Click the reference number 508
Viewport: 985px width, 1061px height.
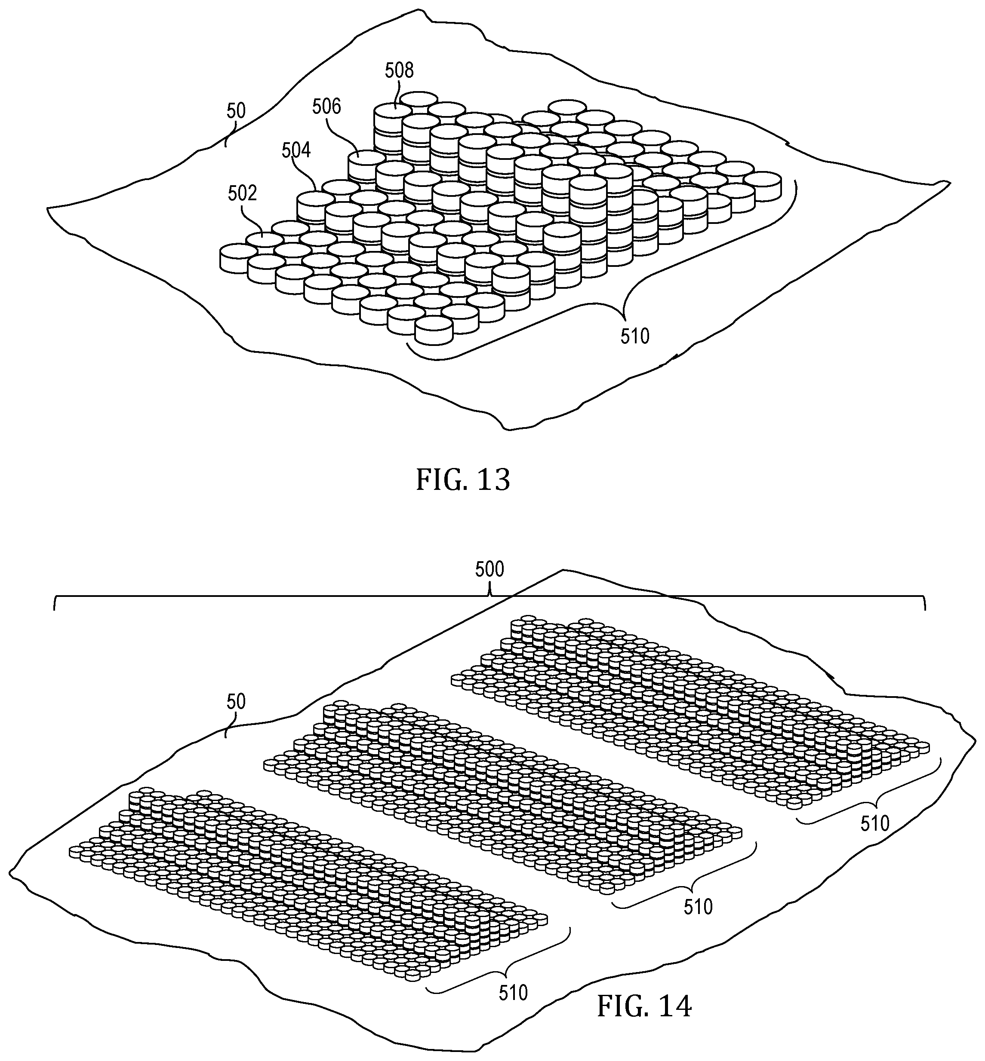[x=399, y=70]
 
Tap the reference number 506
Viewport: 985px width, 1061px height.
[x=326, y=107]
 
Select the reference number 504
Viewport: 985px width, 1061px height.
[x=296, y=151]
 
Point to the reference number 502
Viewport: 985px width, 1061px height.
[x=243, y=193]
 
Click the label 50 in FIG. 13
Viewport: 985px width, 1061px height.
[x=236, y=111]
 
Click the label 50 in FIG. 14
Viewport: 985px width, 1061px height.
[x=236, y=702]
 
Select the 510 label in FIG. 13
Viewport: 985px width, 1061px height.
[x=635, y=336]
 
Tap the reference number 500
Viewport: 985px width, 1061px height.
[x=489, y=569]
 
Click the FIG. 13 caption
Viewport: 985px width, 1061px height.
[x=463, y=480]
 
